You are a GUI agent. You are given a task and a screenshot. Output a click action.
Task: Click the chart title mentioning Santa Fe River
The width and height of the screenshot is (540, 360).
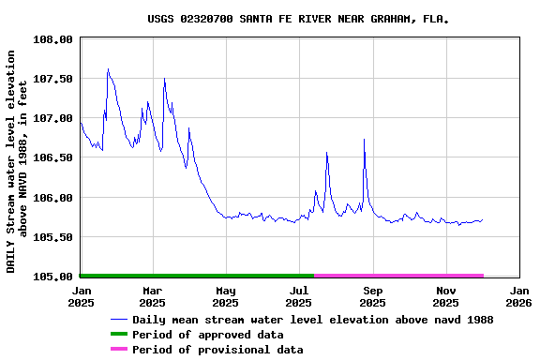pos(297,19)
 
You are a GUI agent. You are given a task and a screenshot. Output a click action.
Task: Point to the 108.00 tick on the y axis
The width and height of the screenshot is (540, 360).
pos(53,39)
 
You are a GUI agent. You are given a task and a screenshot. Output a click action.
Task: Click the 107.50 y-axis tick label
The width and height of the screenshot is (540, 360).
pos(53,79)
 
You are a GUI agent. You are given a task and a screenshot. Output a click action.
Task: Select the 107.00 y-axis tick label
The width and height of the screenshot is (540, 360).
pos(53,118)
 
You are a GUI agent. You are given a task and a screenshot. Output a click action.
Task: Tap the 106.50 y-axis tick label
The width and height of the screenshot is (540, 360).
pos(53,158)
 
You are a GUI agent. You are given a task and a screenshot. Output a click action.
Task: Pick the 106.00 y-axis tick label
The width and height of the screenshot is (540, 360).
pos(53,198)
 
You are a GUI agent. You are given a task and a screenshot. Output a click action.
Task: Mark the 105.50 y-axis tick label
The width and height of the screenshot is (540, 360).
pos(53,237)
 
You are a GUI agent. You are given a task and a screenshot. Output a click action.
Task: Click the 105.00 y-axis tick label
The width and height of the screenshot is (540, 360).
pos(53,277)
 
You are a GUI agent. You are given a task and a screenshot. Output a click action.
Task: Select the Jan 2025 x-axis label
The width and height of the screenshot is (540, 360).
pos(80,297)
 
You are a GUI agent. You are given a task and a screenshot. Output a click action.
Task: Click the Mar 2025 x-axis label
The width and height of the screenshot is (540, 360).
pos(152,297)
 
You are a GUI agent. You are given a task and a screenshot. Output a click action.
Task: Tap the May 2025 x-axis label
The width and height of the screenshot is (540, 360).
pos(225,297)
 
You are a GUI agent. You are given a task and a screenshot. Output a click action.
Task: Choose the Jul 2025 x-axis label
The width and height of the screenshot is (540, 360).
pos(298,297)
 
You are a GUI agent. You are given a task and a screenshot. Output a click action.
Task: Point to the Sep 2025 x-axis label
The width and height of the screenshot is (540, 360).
pos(372,297)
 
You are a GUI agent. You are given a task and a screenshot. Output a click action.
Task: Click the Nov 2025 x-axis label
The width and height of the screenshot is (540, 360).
pos(445,297)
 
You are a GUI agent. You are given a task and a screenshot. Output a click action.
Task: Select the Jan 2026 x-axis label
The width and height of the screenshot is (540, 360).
pos(518,297)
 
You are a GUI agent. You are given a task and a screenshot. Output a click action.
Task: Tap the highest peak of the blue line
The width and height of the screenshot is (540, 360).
pos(108,68)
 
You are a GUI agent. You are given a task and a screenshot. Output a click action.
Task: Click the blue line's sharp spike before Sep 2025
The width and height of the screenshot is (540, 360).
pos(364,139)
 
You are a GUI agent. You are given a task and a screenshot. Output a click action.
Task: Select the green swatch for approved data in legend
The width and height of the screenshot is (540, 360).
pos(118,335)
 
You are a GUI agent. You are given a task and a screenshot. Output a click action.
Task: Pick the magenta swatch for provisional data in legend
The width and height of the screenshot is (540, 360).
pos(118,350)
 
